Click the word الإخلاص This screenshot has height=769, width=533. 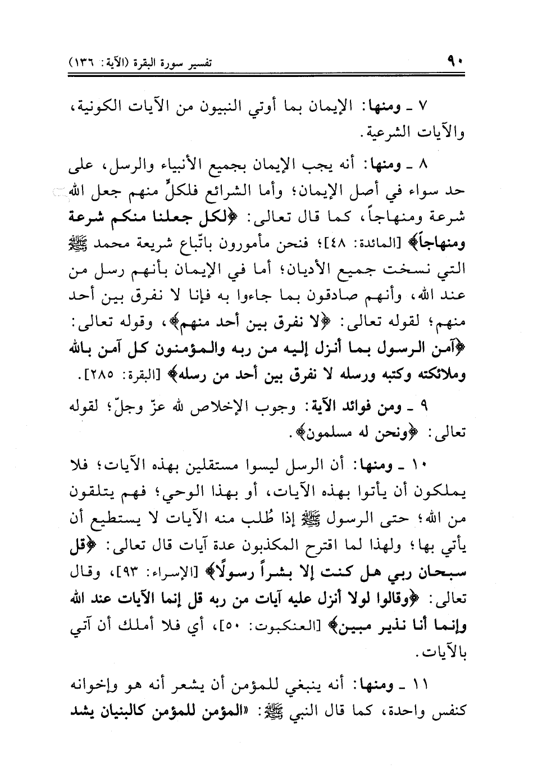click(227, 407)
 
